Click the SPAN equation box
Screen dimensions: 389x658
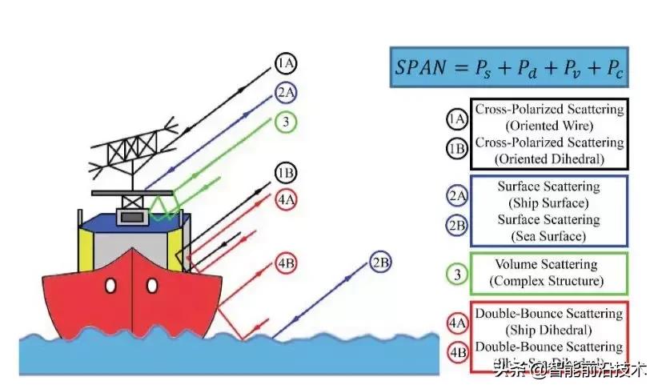509,67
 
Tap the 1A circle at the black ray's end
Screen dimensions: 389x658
285,63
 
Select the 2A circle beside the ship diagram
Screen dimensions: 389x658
285,92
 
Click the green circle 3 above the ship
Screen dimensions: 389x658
285,122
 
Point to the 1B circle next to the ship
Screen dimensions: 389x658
285,173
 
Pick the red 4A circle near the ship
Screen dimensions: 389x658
285,199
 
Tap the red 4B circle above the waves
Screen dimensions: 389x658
285,264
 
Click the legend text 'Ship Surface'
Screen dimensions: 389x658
548,202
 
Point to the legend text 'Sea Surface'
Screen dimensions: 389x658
548,235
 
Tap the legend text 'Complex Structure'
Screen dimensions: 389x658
548,281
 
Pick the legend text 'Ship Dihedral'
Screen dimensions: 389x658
548,330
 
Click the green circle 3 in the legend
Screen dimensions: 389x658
457,275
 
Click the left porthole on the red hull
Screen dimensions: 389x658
110,286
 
